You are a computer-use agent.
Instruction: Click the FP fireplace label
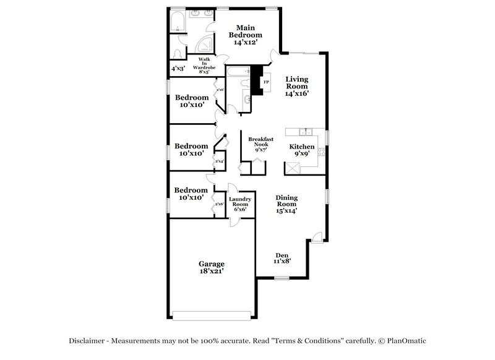tap(266, 82)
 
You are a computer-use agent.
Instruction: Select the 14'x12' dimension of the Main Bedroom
tap(246, 43)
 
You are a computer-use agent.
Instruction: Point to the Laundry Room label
tap(239, 204)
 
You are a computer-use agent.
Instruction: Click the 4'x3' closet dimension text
tap(178, 68)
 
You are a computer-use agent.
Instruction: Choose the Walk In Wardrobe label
tap(203, 66)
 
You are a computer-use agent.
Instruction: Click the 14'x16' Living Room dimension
tap(296, 94)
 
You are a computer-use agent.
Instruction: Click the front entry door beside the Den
tap(316, 237)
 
